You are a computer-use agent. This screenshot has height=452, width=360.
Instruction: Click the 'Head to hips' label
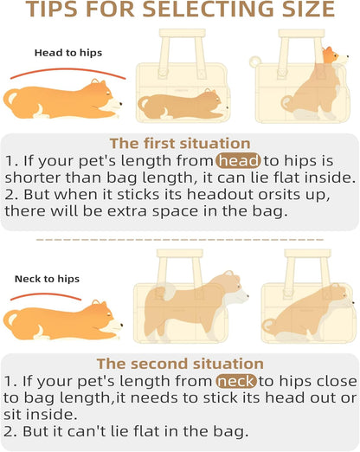point(67,53)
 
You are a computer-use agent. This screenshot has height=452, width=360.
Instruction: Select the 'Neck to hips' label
point(47,279)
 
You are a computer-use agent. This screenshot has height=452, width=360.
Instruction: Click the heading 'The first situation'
point(179,144)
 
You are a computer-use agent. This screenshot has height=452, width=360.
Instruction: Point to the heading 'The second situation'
point(179,364)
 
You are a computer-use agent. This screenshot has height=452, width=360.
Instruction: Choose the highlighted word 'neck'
point(237,381)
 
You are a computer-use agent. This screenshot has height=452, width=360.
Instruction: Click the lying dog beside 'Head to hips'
point(66,99)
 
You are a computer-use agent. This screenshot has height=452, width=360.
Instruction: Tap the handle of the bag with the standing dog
point(185,263)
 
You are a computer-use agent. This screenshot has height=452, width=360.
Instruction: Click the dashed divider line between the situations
point(179,238)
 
